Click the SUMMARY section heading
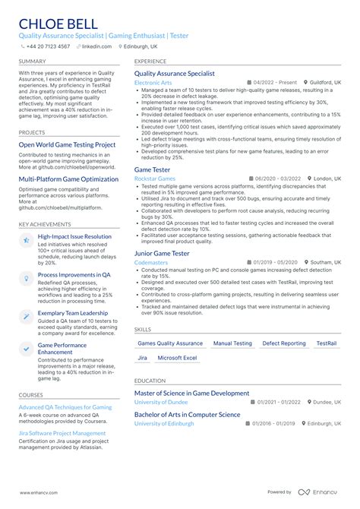(32, 61)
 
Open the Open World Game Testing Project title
(67, 144)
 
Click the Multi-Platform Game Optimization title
(69, 179)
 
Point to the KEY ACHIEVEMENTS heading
(45, 224)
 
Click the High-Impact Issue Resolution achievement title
(74, 236)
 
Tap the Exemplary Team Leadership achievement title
(73, 312)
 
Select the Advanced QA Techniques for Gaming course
(65, 407)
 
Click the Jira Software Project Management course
(62, 433)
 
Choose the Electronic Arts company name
(152, 81)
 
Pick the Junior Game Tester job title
(162, 252)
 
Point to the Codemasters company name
(150, 261)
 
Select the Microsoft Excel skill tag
(177, 358)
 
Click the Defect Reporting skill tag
(284, 343)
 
